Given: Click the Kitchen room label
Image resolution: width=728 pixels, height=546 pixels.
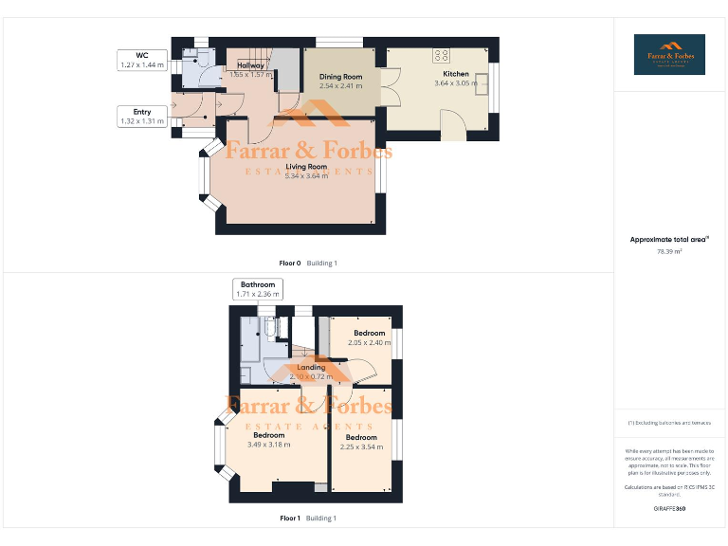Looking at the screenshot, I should (456, 73).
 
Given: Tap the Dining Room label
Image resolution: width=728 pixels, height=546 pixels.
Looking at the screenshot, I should (339, 77).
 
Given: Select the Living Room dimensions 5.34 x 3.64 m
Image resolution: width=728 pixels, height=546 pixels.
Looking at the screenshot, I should (306, 175).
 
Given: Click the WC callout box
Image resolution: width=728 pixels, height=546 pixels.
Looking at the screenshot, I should (141, 61).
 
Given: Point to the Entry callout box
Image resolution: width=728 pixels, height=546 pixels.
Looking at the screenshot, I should (142, 117).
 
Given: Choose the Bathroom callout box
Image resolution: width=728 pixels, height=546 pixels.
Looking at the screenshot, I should (257, 289).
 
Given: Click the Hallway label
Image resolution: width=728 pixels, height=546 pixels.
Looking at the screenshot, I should (250, 65).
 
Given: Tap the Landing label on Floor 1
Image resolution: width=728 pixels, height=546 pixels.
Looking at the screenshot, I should (311, 368).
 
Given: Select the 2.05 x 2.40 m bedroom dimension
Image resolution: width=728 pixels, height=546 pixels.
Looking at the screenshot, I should (370, 342).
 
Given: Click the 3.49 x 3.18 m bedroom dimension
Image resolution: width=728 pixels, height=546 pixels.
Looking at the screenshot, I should (268, 445).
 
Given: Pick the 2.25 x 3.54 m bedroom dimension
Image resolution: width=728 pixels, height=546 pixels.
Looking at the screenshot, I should (361, 446).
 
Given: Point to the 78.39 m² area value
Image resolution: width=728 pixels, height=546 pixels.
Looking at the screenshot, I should (670, 252).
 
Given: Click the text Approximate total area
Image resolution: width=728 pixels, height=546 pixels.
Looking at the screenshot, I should (669, 240).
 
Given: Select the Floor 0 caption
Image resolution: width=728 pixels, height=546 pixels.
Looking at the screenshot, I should (289, 263).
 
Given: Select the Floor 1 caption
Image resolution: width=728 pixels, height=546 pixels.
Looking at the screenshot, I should (289, 519).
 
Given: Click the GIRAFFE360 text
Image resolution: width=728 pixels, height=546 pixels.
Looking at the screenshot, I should (670, 509).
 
